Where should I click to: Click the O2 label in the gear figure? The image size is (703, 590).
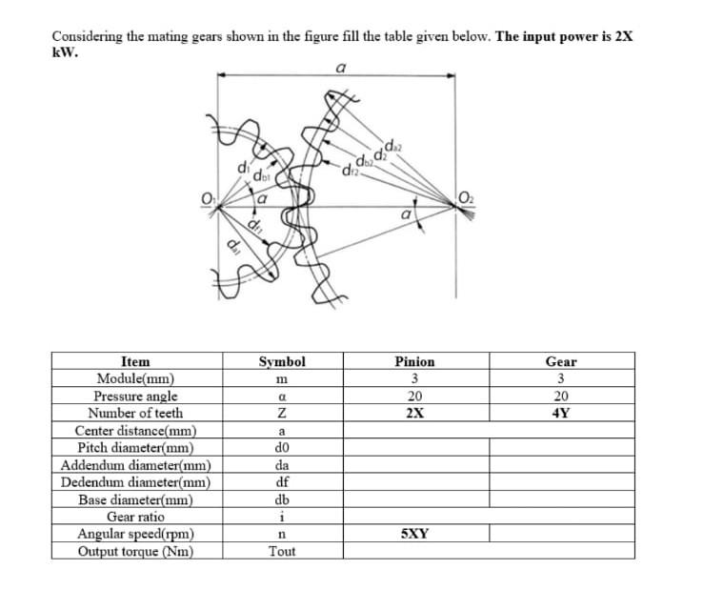[x=465, y=198]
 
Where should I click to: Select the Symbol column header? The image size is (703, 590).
[x=282, y=362]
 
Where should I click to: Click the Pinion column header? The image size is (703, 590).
[x=414, y=362]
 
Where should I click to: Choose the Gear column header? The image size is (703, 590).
[x=561, y=362]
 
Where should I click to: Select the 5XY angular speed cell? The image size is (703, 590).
[x=414, y=534]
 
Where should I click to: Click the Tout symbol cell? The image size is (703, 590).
[x=282, y=551]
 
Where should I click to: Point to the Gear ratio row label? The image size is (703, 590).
[x=135, y=517]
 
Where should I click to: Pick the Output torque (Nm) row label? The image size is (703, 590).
[x=135, y=551]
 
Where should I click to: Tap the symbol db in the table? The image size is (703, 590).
[x=282, y=499]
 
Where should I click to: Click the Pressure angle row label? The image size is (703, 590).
[x=135, y=397]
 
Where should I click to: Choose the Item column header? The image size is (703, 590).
[x=135, y=362]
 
